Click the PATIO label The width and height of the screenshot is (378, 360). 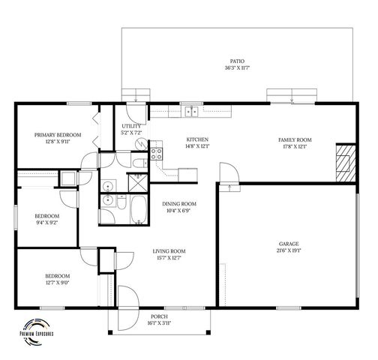pos(237,61)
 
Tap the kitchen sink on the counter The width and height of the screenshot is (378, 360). pos(192,112)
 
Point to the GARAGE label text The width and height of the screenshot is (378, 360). pos(289,244)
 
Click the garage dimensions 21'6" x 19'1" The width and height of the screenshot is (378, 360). pos(289,251)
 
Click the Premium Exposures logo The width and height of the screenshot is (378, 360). pos(41,334)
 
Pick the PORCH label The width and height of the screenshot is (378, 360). pos(158,316)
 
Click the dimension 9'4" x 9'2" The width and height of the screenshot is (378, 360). pos(46,222)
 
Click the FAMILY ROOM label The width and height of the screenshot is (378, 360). pos(295,139)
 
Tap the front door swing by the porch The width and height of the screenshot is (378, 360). pos(126,301)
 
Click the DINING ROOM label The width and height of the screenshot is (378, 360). pos(179,204)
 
